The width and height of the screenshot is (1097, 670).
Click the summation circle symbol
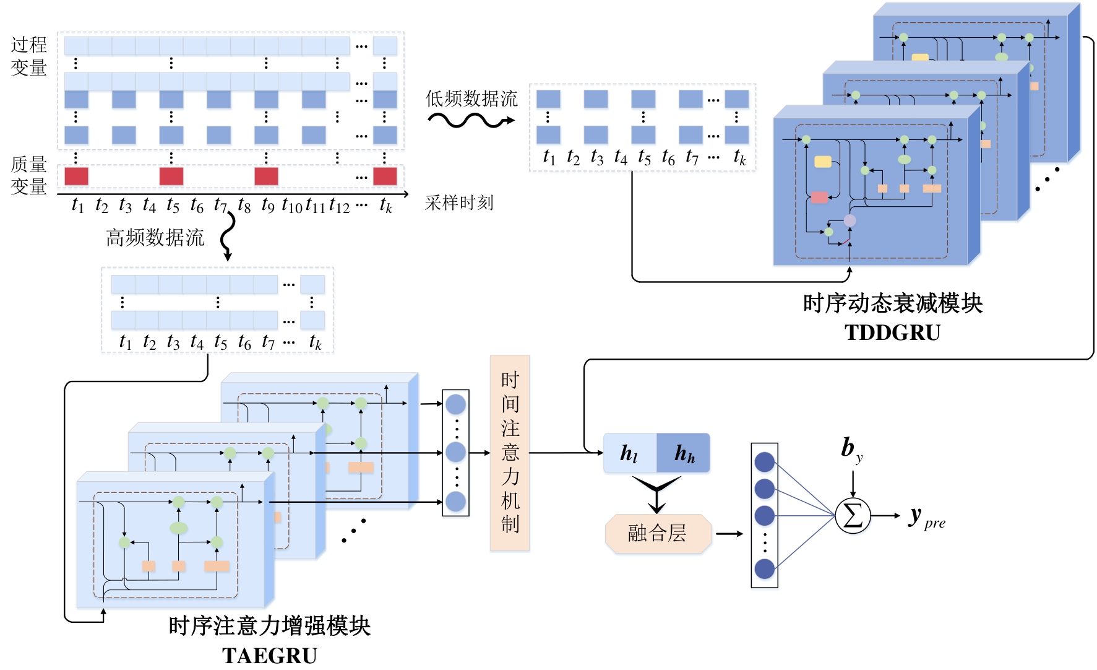tap(853, 515)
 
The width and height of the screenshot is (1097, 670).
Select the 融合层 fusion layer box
tap(658, 533)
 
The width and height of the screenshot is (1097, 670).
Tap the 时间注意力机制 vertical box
tap(510, 453)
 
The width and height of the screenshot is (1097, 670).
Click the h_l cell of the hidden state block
tap(629, 453)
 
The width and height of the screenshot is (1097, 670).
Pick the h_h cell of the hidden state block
tap(684, 453)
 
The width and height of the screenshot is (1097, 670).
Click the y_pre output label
tap(926, 518)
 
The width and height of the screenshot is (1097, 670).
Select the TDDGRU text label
tap(892, 333)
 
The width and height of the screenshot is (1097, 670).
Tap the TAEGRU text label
tap(269, 655)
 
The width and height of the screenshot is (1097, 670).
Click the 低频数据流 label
tap(471, 98)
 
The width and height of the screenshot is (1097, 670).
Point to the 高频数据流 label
tap(155, 238)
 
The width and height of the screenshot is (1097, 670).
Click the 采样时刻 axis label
tap(459, 202)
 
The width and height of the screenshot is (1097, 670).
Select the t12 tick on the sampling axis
tap(339, 205)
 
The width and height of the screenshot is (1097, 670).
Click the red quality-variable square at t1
tap(76, 176)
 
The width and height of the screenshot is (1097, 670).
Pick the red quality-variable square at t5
tap(171, 176)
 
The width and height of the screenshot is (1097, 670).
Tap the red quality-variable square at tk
tap(385, 176)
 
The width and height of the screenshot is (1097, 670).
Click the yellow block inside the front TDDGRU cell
tap(822, 162)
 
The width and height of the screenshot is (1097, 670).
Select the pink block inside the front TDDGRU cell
tap(819, 198)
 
